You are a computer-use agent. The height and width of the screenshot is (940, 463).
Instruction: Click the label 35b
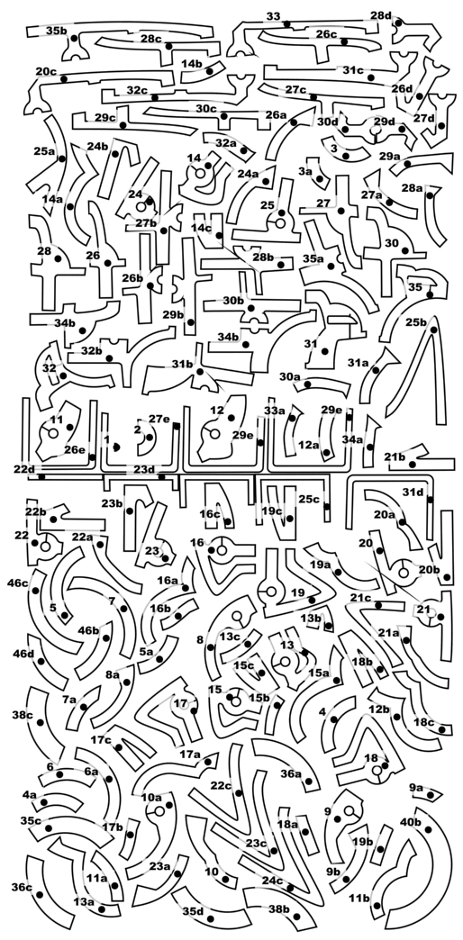(57, 31)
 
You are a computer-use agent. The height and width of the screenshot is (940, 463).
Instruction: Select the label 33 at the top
(273, 16)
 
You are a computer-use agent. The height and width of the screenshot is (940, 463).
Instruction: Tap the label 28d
(381, 15)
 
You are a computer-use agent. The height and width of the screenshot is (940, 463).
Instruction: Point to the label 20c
(46, 71)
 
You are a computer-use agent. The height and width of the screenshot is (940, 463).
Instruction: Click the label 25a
(44, 151)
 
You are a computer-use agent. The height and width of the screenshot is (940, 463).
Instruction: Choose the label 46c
(18, 583)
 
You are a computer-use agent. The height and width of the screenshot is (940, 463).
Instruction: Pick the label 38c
(23, 715)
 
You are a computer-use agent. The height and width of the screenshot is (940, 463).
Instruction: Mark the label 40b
(410, 822)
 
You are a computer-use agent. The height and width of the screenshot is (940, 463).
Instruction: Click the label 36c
(22, 887)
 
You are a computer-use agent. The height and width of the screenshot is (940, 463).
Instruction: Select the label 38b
(279, 908)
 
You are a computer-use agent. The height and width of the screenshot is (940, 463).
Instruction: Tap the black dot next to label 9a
(431, 795)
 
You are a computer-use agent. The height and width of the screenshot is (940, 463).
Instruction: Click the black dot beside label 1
(116, 447)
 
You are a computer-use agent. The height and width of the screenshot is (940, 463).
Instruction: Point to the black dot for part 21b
(418, 453)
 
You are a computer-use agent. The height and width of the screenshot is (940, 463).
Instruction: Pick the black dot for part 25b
(433, 330)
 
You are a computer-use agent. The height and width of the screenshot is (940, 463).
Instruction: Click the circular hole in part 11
(53, 433)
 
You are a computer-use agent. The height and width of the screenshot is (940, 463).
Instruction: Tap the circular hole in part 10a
(159, 811)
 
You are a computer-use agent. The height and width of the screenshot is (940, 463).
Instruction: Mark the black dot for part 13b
(328, 626)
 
